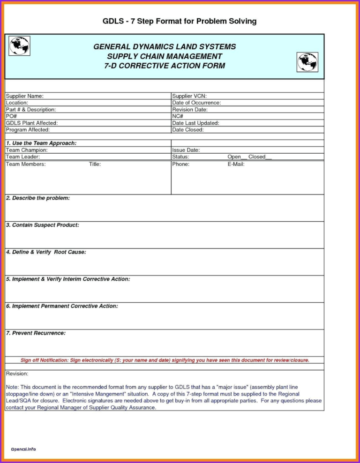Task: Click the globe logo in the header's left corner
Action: pos(19,46)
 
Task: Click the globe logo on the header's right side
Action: pos(307,61)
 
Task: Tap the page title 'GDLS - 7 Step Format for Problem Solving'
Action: pos(180,21)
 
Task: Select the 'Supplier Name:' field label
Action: pos(25,96)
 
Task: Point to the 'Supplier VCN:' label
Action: pos(189,96)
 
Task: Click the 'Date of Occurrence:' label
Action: pos(196,103)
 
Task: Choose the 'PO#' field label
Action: pos(11,116)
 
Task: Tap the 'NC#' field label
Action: pos(178,116)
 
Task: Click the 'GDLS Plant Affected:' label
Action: pos(32,123)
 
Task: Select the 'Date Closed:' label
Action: pos(188,130)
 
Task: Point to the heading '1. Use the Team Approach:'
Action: pos(41,143)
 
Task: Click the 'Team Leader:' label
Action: pos(23,157)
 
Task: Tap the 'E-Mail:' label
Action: pos(236,164)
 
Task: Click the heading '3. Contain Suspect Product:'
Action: pos(43,225)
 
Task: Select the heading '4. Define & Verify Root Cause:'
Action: pos(46,252)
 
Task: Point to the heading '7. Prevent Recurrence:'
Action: pos(36,333)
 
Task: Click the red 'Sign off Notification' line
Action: pos(165,360)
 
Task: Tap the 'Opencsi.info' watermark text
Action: pos(23,449)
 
